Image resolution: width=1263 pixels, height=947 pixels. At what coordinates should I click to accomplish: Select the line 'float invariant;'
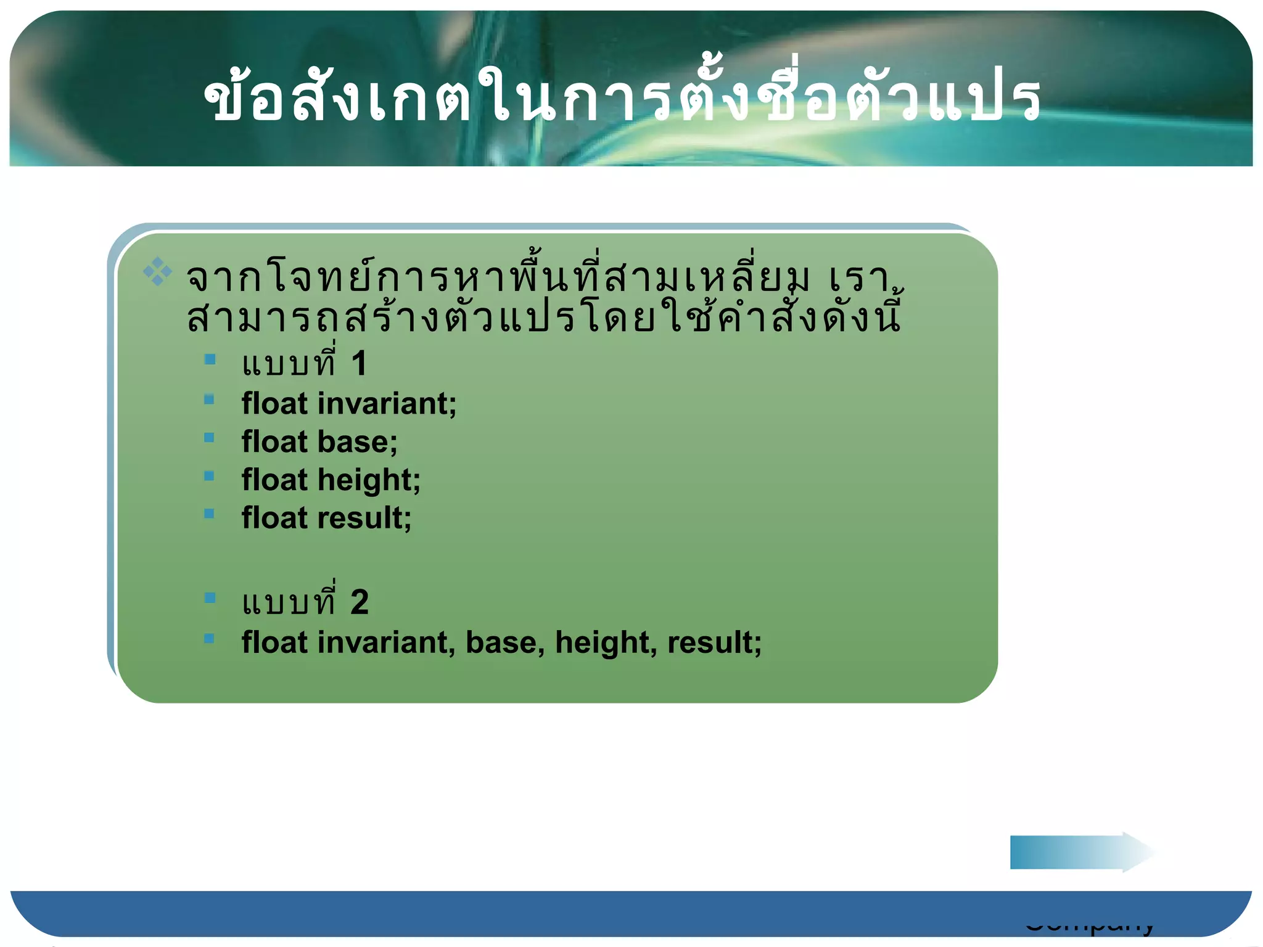tap(349, 404)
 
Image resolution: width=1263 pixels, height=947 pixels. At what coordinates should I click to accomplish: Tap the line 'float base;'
tap(319, 442)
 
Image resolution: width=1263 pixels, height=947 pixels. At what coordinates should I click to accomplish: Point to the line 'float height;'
tap(331, 480)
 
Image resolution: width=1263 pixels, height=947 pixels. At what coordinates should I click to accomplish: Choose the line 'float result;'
tap(326, 518)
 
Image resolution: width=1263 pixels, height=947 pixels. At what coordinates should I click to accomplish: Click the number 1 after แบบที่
tap(359, 363)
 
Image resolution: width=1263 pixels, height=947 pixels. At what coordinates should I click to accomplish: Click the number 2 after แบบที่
tap(360, 602)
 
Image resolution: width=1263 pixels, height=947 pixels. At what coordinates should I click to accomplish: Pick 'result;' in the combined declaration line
tap(714, 642)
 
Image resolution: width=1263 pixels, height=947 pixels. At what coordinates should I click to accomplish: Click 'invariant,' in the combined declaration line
tap(386, 642)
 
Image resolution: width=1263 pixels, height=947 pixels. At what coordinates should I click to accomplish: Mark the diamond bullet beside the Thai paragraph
tap(157, 272)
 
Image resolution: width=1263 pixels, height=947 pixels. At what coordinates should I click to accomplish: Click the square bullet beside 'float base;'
tap(209, 438)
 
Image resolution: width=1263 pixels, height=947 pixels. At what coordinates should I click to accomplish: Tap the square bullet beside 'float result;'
tap(209, 514)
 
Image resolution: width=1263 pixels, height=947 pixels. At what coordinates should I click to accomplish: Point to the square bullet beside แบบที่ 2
tap(210, 597)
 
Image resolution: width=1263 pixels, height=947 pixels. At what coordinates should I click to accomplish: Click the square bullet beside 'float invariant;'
tap(209, 400)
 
